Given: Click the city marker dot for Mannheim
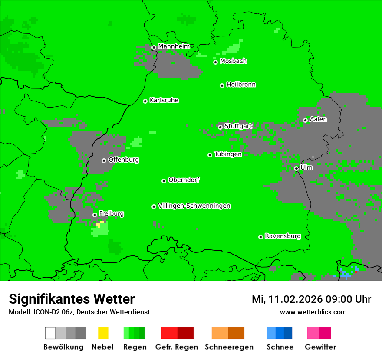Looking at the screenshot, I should coord(154,48).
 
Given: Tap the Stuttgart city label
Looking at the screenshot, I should coord(238,126).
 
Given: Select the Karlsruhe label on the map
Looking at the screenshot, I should coord(164,100).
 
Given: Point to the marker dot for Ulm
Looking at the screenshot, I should coord(296,169).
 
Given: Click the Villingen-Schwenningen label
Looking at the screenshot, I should coord(194,206).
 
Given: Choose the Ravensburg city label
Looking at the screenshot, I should coord(283,236).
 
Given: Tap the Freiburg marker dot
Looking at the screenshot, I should coord(95,215).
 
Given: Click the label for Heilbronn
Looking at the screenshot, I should coord(241,85).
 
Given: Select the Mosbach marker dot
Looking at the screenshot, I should coord(215,62).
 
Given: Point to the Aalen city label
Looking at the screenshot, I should coord(318,119).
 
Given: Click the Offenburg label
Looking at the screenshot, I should coord(124,160).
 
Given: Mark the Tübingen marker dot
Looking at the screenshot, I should coord(210,155).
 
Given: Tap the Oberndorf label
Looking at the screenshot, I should coord(184,180).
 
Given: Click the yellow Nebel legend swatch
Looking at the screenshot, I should coord(103,333).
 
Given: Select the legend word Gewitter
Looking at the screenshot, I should coord(320,347).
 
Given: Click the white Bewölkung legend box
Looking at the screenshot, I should coord(50,333).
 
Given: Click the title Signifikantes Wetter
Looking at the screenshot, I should coord(72,299).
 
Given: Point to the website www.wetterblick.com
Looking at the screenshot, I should coord(313,312).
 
